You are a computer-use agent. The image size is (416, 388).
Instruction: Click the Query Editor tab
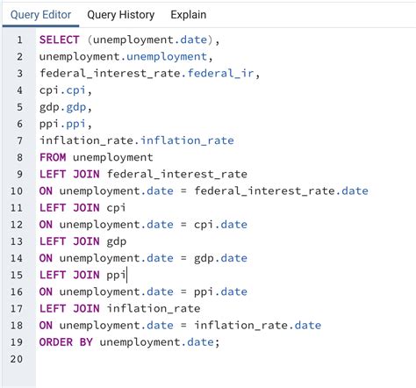pyautogui.click(x=40, y=15)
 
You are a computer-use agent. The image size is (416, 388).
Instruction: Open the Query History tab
pyautogui.click(x=121, y=15)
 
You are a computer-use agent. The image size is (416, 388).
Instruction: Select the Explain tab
pyautogui.click(x=189, y=15)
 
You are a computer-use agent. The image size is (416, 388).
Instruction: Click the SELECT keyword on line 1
pyautogui.click(x=60, y=40)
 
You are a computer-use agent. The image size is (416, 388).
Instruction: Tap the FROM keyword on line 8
pyautogui.click(x=53, y=157)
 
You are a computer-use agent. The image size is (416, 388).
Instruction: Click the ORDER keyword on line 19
pyautogui.click(x=56, y=342)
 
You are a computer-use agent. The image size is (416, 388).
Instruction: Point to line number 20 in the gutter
pyautogui.click(x=17, y=359)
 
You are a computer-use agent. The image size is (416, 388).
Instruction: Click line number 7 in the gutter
pyautogui.click(x=19, y=140)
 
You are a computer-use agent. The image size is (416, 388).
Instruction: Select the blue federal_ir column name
pyautogui.click(x=220, y=73)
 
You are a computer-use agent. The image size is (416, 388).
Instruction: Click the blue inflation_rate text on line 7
pyautogui.click(x=187, y=140)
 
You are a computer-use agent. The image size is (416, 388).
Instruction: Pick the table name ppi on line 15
pyautogui.click(x=116, y=276)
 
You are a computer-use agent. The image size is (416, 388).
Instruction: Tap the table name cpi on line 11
pyautogui.click(x=116, y=208)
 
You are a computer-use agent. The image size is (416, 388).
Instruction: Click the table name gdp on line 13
pyautogui.click(x=117, y=242)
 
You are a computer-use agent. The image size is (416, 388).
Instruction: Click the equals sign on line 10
pyautogui.click(x=183, y=191)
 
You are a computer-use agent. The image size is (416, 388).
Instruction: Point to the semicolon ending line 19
pyautogui.click(x=217, y=343)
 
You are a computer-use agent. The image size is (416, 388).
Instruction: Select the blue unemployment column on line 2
pyautogui.click(x=167, y=57)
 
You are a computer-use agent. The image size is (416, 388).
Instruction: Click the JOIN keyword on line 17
pyautogui.click(x=86, y=309)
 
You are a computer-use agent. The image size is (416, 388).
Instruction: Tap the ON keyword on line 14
pyautogui.click(x=46, y=258)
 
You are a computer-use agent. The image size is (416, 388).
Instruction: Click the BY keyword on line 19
pyautogui.click(x=86, y=342)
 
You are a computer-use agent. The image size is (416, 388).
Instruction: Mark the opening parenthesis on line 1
pyautogui.click(x=90, y=40)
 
